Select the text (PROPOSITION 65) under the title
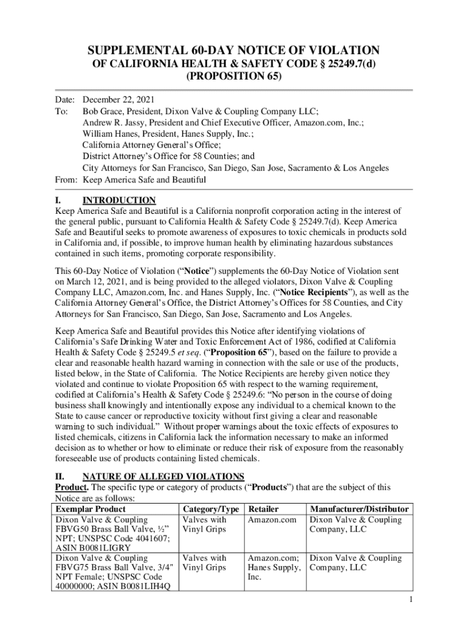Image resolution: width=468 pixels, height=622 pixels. (x=233, y=77)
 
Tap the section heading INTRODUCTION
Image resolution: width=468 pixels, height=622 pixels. (x=119, y=200)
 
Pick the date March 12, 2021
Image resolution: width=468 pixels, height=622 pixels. (x=97, y=282)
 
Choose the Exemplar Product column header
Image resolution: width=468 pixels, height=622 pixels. (x=91, y=509)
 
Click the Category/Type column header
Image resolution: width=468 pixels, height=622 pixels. (x=210, y=509)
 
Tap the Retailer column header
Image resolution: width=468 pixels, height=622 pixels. (x=264, y=509)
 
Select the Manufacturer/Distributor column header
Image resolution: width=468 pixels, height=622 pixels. (x=359, y=509)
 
